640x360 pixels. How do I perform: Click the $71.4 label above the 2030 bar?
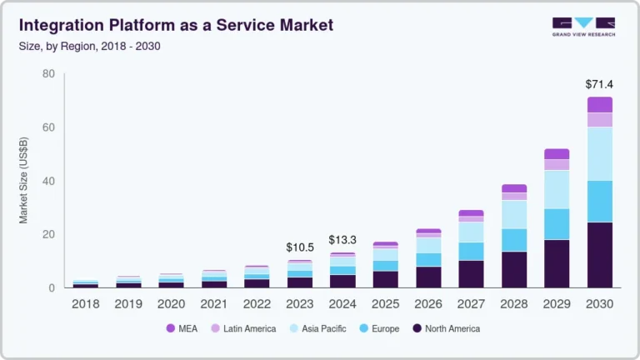[x=599, y=84]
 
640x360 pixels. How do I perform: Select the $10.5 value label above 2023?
[x=300, y=247]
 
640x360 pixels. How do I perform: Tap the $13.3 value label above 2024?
[x=342, y=240]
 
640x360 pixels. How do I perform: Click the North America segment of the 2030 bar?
[x=599, y=255]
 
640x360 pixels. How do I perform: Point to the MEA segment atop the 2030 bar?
[x=599, y=104]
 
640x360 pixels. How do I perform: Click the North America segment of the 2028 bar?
[x=514, y=269]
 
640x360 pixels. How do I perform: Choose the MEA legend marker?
[x=171, y=328]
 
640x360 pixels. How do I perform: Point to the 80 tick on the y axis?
[x=48, y=74]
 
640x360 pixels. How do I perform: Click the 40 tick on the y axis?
[x=48, y=181]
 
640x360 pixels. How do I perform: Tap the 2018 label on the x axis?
[x=86, y=304]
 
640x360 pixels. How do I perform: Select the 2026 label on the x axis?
[x=428, y=304]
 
